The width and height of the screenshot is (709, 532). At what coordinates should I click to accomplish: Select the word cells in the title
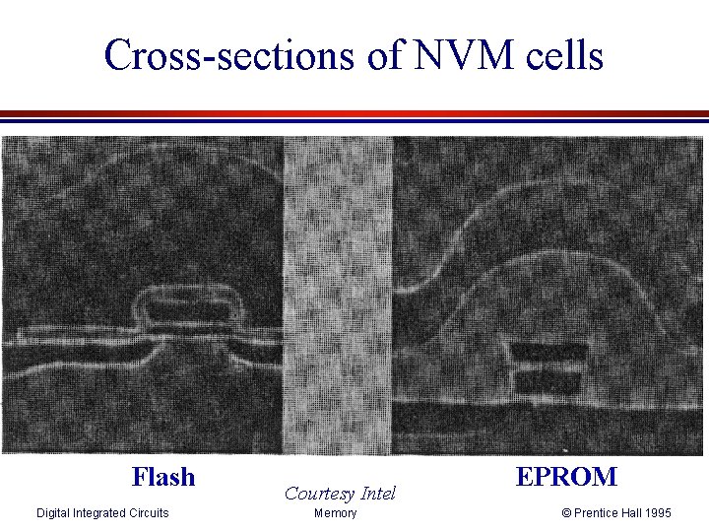click(x=560, y=55)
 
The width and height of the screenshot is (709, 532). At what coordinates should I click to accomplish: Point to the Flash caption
click(x=163, y=478)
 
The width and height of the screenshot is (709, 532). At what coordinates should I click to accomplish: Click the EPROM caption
click(x=566, y=478)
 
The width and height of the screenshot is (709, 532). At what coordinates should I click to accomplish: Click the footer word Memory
click(x=335, y=513)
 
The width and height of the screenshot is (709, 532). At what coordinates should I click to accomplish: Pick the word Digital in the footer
click(x=53, y=513)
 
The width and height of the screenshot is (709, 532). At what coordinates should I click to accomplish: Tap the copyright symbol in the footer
click(x=566, y=513)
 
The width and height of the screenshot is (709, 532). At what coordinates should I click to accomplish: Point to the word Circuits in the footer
click(x=149, y=513)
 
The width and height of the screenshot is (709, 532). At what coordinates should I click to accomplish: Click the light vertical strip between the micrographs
click(x=338, y=296)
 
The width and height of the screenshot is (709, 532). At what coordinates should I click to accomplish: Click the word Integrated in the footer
click(x=99, y=513)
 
